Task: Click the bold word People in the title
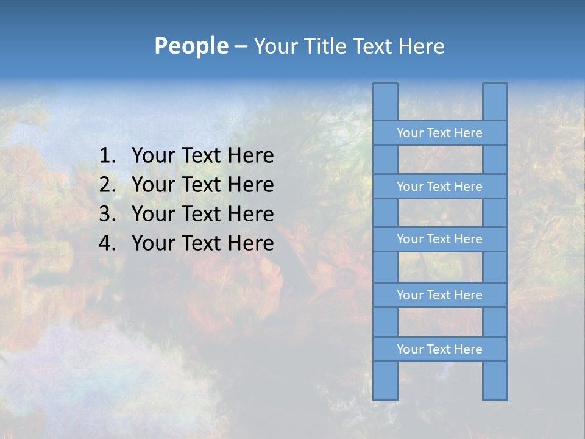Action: (x=191, y=46)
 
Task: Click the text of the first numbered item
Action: (x=202, y=155)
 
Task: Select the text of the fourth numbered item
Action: (x=202, y=243)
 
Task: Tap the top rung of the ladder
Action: (x=439, y=133)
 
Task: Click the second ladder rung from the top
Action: (x=439, y=187)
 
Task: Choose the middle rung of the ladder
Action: (x=439, y=239)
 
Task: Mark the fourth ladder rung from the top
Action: (x=439, y=295)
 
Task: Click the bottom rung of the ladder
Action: (x=439, y=349)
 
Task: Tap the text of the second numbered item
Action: (x=202, y=185)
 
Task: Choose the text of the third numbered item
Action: (x=202, y=214)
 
